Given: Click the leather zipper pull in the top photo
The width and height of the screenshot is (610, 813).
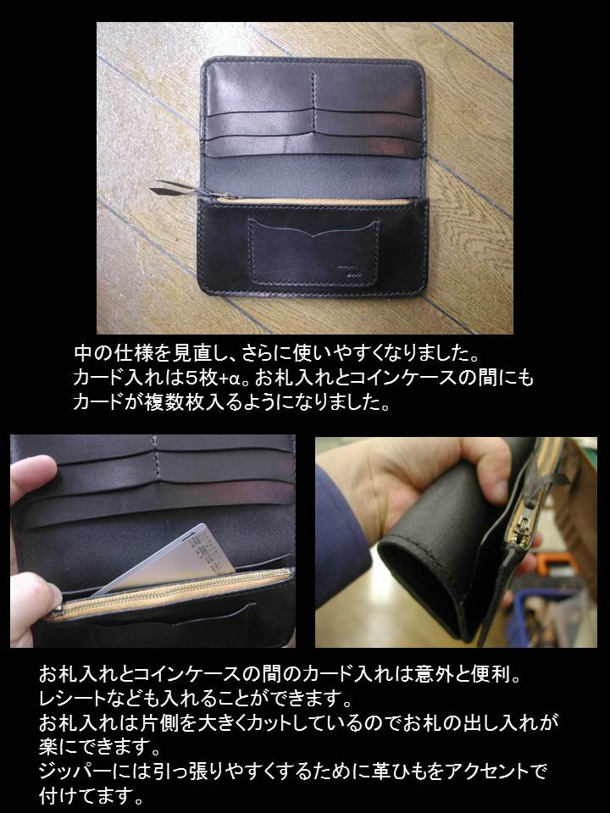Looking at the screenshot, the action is click(179, 190).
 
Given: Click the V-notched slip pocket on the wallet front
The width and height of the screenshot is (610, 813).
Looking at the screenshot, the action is click(313, 252).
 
